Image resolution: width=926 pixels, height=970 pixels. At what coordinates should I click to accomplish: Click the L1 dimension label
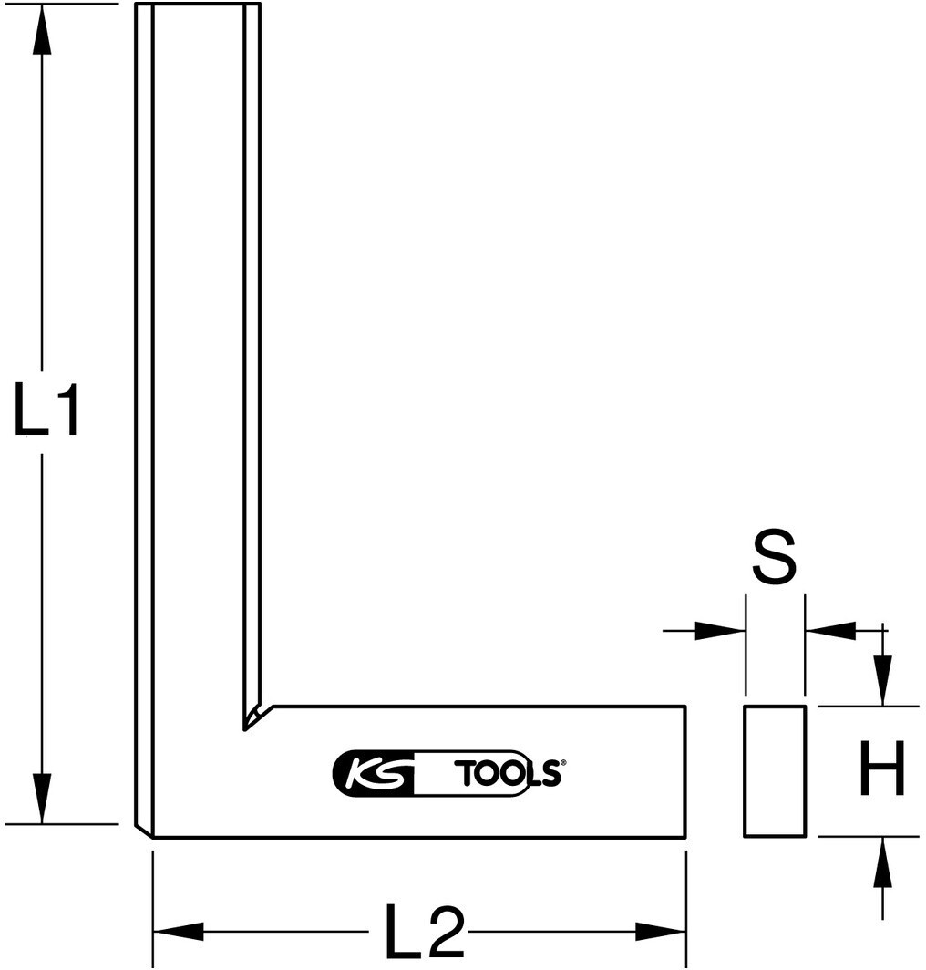pyautogui.click(x=46, y=409)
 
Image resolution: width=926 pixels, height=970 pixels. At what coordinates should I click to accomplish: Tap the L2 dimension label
pyautogui.click(x=425, y=930)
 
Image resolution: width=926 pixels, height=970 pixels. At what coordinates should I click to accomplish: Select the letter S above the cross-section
pyautogui.click(x=774, y=556)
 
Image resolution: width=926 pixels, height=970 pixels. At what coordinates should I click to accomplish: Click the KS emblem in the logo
pyautogui.click(x=375, y=773)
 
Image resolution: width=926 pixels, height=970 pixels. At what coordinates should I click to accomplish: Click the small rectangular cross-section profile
pyautogui.click(x=775, y=771)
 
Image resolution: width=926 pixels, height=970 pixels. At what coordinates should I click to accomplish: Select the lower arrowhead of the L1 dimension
pyautogui.click(x=41, y=798)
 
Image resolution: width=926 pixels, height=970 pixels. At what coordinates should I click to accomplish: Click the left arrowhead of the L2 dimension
pyautogui.click(x=178, y=931)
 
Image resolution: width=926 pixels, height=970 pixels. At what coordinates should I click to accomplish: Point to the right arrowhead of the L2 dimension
pyautogui.click(x=661, y=931)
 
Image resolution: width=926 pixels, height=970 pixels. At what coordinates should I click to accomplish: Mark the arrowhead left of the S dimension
pyautogui.click(x=720, y=631)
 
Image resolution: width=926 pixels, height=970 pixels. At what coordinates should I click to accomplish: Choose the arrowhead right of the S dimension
pyautogui.click(x=830, y=631)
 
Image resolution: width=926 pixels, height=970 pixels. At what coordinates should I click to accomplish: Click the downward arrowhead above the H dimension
pyautogui.click(x=883, y=680)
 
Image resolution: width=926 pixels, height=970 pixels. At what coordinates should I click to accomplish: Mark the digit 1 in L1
pyautogui.click(x=67, y=409)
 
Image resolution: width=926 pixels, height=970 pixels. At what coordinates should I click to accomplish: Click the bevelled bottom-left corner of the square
pyautogui.click(x=143, y=831)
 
